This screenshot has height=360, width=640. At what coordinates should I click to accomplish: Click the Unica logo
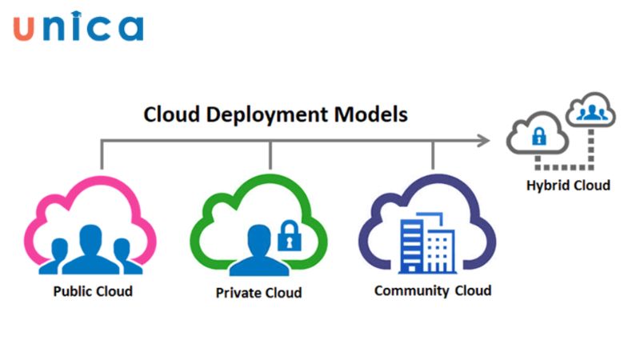[x=78, y=27]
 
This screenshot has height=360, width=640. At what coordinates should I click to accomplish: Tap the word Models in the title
[x=369, y=114]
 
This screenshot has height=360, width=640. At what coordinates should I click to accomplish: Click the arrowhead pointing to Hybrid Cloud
[x=483, y=141]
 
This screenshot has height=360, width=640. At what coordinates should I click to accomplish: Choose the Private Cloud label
[x=258, y=293]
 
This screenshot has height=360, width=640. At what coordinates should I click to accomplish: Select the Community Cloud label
[x=432, y=290]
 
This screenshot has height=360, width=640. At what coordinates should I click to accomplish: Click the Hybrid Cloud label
[x=568, y=186]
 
